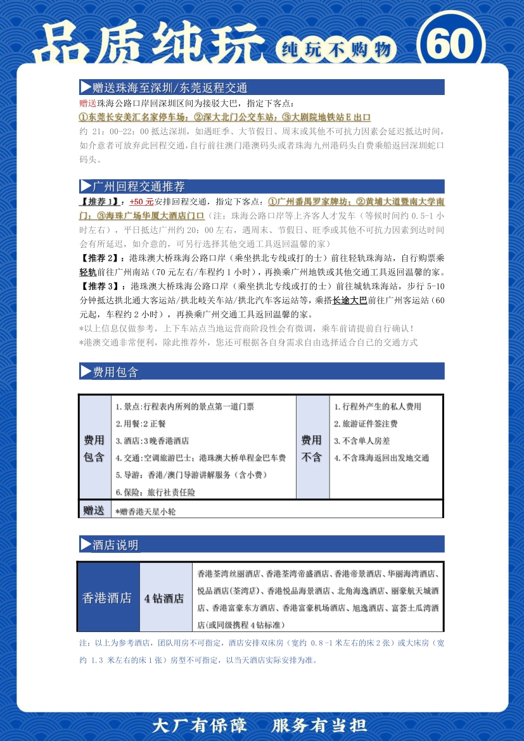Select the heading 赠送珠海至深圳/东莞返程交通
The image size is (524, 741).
click(x=170, y=87)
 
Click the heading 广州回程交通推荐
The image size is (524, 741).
click(x=139, y=186)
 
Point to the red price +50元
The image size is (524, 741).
click(x=141, y=201)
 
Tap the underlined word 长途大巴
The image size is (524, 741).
click(x=350, y=301)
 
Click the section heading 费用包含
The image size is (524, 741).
click(x=115, y=372)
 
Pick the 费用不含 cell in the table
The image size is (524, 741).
click(x=311, y=448)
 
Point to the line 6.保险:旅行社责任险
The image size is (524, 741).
click(x=155, y=491)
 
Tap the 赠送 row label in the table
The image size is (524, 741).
click(x=94, y=509)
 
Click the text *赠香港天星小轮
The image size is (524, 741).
click(x=145, y=510)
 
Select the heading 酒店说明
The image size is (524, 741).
click(x=115, y=545)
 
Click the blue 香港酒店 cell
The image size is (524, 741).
click(x=107, y=597)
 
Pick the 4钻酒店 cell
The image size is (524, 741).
click(x=164, y=597)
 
